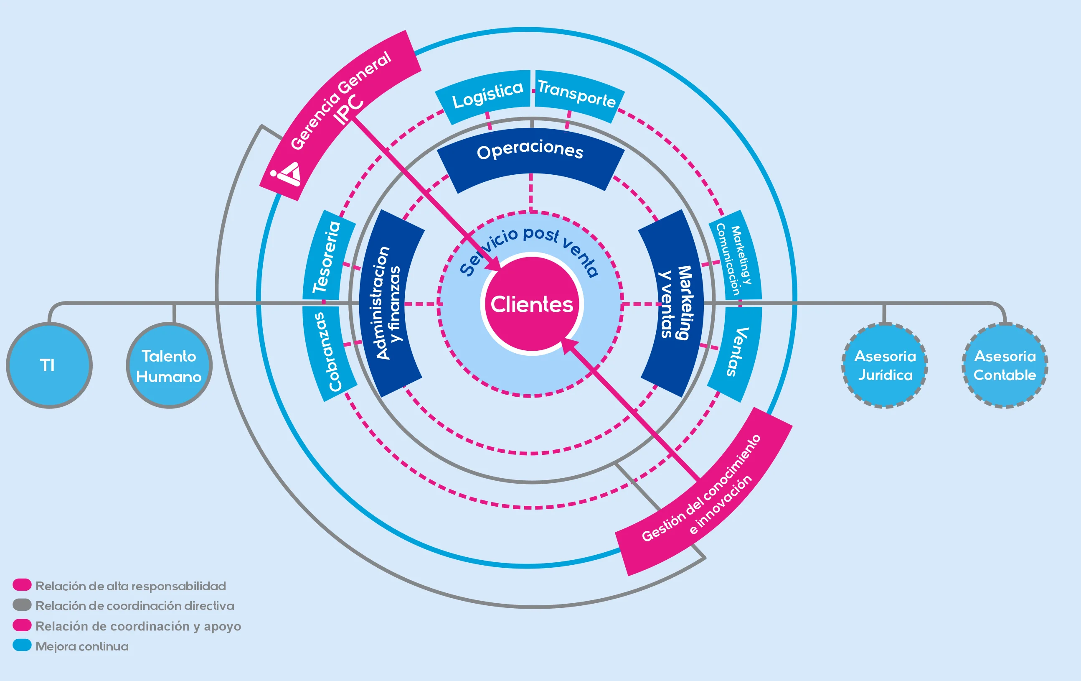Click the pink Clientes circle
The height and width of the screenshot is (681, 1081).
(532, 304)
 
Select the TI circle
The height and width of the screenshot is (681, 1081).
(48, 365)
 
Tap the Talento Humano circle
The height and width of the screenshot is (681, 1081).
(169, 366)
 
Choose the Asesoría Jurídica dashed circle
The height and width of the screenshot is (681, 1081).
(885, 365)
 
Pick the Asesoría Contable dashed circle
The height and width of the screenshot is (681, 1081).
(1005, 365)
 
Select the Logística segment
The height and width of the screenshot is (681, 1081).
(486, 95)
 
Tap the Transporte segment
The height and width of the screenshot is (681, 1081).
(577, 95)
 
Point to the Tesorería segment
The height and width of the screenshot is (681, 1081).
(327, 256)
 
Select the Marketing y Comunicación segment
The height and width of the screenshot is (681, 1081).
(735, 255)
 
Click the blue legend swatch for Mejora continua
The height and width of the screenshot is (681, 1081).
(22, 645)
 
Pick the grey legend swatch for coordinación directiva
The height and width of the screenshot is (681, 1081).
(22, 605)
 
